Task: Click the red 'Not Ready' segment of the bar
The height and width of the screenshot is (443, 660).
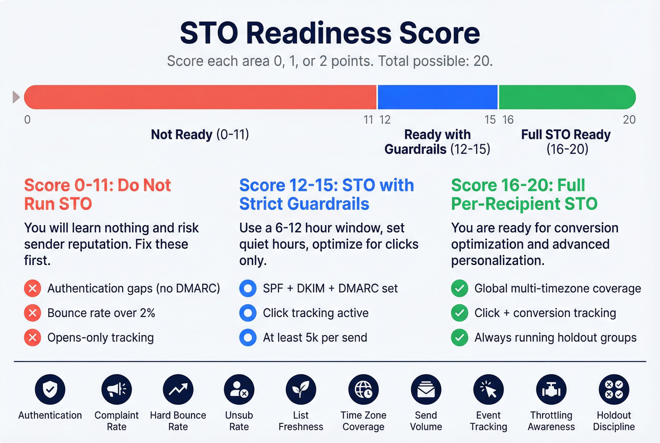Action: tap(200, 97)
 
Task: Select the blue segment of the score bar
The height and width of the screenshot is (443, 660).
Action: tap(437, 97)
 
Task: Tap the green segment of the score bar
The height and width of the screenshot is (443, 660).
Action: tap(567, 97)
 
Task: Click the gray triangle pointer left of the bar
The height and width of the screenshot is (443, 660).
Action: tap(16, 97)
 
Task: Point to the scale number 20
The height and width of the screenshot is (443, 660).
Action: tap(629, 120)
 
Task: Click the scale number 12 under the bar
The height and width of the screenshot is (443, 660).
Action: tap(385, 120)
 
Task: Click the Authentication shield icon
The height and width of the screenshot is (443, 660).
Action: tap(50, 390)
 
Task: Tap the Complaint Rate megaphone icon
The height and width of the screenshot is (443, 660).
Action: tap(116, 390)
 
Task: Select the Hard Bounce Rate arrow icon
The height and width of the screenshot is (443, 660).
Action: tap(178, 390)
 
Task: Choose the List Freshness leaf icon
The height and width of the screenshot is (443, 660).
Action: tap(301, 390)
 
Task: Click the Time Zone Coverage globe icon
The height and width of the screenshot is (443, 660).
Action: tap(363, 390)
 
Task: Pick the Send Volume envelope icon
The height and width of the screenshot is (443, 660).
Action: tap(426, 390)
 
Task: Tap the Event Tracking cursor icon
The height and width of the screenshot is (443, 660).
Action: tap(488, 390)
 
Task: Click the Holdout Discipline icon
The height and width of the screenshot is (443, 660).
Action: tap(614, 390)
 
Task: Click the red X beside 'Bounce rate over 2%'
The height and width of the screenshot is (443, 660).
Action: tap(33, 313)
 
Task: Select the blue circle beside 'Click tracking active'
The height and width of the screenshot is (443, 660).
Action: tap(247, 313)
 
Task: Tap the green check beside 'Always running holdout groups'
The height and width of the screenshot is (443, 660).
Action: tap(460, 337)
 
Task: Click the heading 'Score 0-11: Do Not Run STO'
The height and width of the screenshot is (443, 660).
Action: tap(97, 194)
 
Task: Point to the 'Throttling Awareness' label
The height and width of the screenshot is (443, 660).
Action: tap(551, 421)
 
